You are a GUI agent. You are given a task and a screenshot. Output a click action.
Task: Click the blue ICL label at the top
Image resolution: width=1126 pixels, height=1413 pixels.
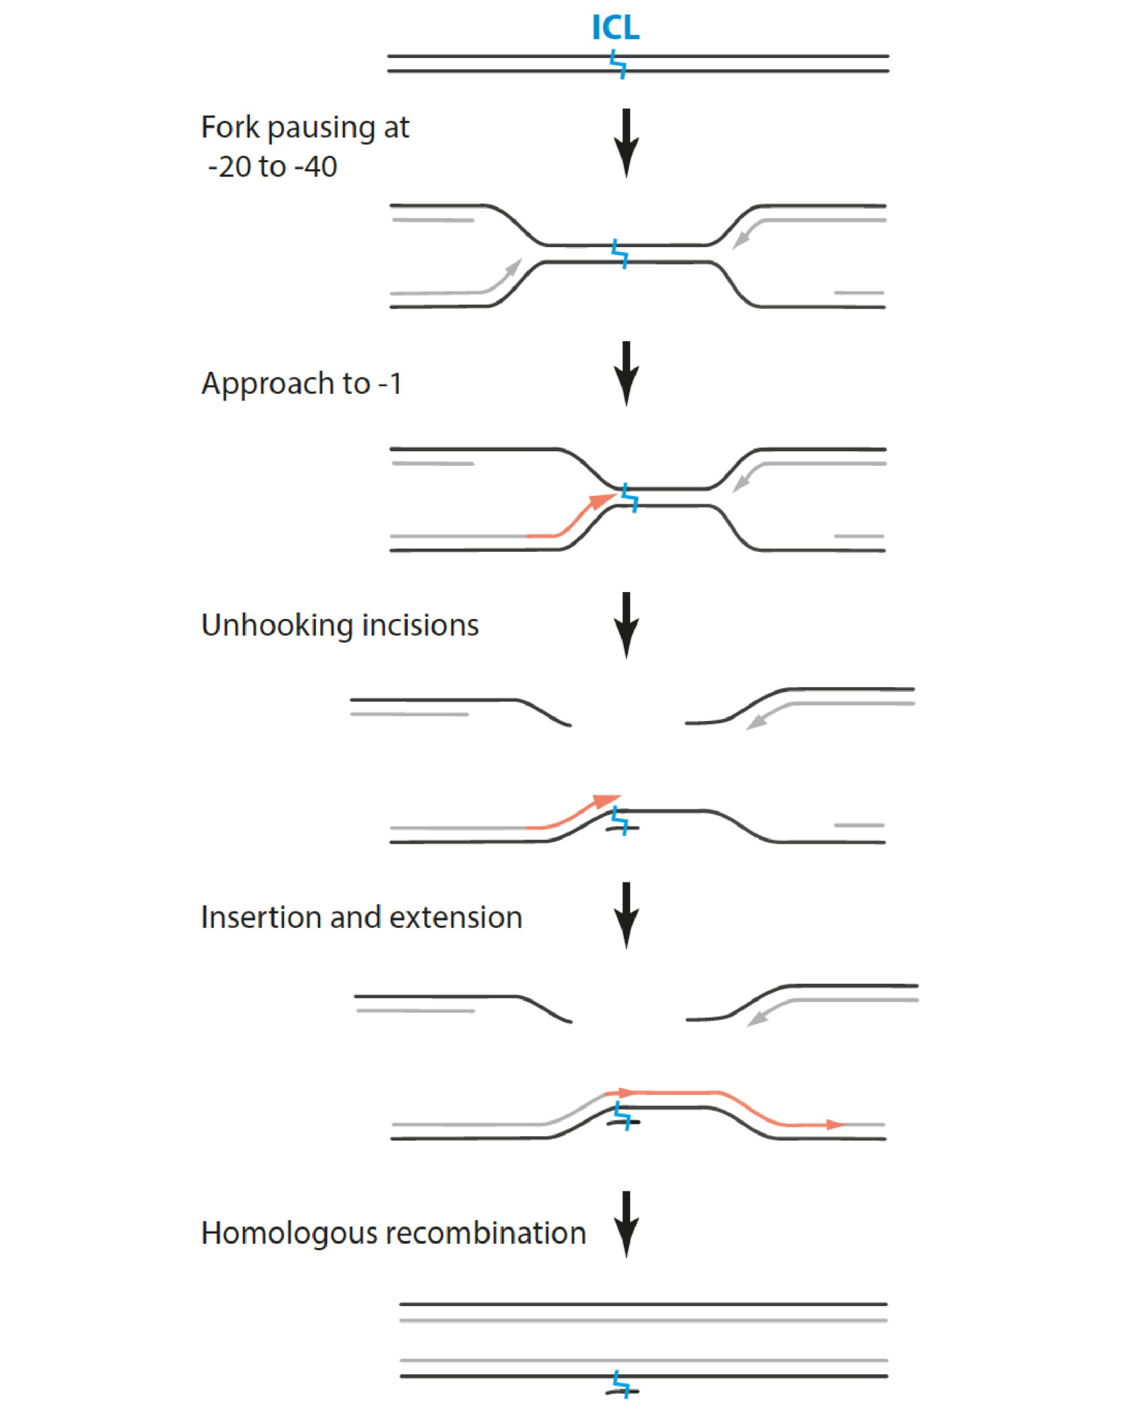tap(615, 28)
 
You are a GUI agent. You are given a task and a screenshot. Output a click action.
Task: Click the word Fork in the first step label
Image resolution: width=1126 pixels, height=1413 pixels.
tap(230, 128)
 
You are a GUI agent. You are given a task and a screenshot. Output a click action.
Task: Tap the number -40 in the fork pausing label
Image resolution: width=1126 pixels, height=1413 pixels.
tap(315, 167)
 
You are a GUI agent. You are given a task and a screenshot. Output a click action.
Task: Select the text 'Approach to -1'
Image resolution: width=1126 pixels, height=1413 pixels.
tap(302, 384)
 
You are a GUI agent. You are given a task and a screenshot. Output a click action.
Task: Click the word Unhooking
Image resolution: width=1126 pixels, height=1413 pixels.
tap(277, 626)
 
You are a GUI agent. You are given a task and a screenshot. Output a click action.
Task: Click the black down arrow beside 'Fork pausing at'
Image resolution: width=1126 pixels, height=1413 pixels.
tap(626, 144)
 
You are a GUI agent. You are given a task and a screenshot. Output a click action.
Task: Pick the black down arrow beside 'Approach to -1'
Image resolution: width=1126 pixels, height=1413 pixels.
tap(626, 374)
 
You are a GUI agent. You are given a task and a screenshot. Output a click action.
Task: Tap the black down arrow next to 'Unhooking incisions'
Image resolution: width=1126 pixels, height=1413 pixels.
tap(626, 625)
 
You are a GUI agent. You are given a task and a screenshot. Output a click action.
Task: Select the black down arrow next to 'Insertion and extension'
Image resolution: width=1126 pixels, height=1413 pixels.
tap(626, 916)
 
